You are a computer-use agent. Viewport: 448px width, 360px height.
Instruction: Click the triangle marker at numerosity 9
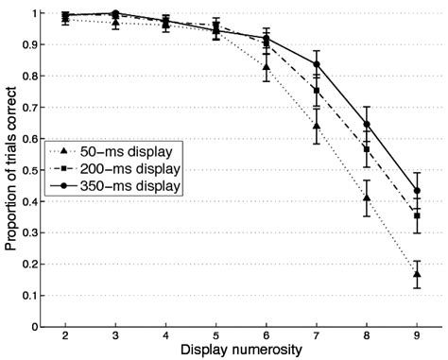(x=417, y=274)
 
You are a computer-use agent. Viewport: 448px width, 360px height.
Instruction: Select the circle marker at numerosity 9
(x=417, y=191)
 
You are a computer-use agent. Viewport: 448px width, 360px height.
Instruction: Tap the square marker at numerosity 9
(x=417, y=215)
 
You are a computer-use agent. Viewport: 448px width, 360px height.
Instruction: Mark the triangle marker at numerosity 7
(x=316, y=126)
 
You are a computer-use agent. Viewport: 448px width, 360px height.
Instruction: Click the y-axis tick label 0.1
(x=36, y=296)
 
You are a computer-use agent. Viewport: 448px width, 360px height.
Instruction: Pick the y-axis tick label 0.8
(x=36, y=77)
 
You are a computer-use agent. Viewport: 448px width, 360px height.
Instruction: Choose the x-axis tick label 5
(x=215, y=336)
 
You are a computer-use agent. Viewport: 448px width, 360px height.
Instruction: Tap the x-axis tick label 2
(x=65, y=336)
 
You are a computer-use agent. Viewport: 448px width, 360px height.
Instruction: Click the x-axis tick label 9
(x=417, y=336)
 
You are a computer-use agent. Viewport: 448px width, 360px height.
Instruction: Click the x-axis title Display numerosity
(x=241, y=351)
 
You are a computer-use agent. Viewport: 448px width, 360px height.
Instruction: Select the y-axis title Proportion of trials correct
(x=10, y=170)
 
